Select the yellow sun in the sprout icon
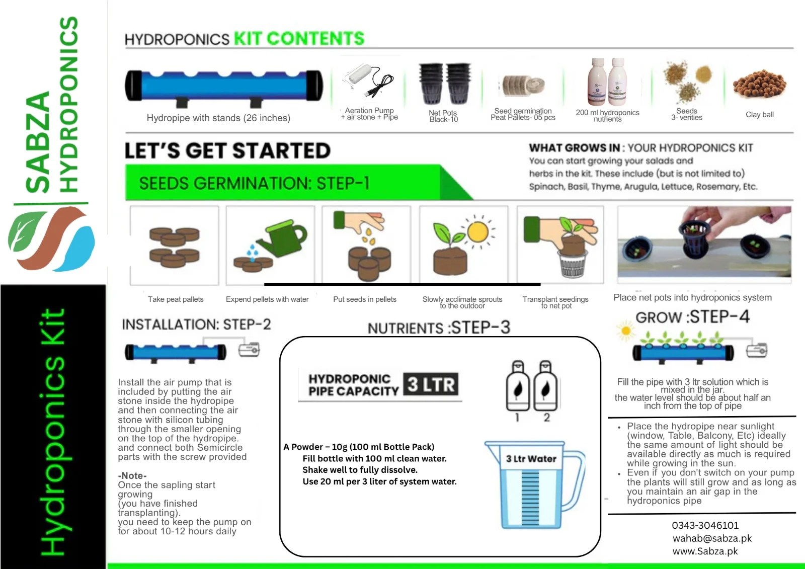pos(477,232)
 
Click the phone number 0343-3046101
pos(705,525)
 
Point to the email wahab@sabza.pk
pos(712,538)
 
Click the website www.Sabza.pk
pos(705,551)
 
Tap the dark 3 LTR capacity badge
pos(431,385)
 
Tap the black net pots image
pos(445,84)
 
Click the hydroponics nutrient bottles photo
pos(607,82)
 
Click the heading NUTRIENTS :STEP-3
pos(439,328)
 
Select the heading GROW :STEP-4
pos(692,317)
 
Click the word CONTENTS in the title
pos(315,39)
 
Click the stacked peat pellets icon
pos(174,246)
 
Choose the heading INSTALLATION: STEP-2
pos(196,324)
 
